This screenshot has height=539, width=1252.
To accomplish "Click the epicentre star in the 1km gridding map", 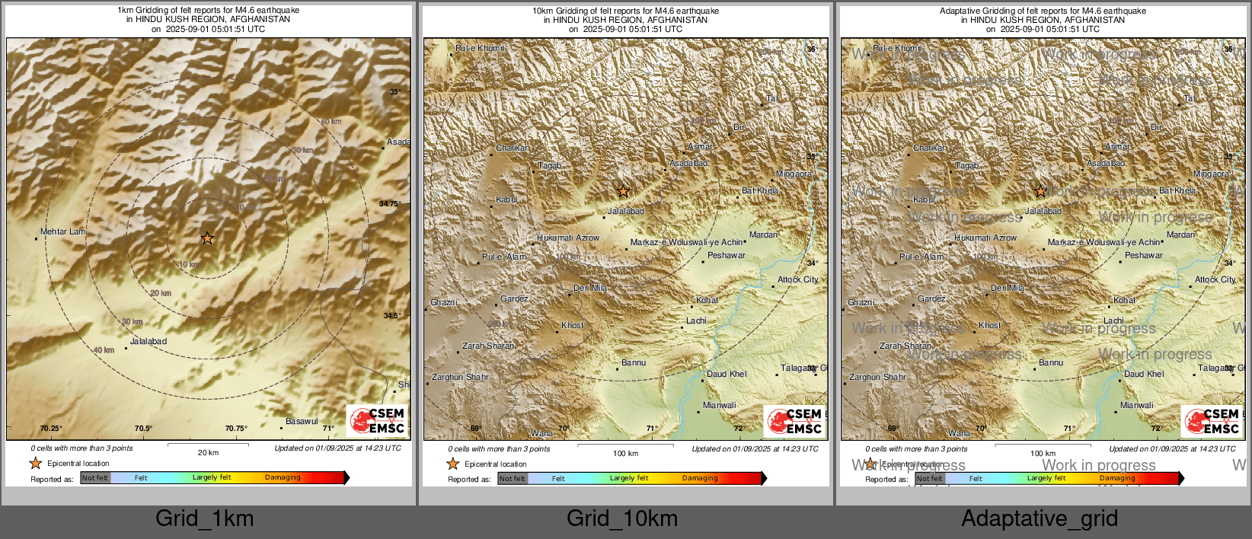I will [207, 238].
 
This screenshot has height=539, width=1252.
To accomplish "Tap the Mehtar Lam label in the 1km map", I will [63, 231].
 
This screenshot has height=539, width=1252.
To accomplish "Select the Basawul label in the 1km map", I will [302, 421].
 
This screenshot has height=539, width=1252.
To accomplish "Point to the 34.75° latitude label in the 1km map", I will [390, 204].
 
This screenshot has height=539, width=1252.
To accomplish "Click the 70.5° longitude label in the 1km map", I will [143, 429].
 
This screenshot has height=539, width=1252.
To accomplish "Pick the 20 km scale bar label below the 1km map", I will [208, 452].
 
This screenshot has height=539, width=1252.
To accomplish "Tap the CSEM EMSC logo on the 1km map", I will [377, 421].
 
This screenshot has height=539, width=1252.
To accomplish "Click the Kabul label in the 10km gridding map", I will [507, 199].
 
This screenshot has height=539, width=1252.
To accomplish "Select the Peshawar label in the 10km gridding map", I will [727, 255].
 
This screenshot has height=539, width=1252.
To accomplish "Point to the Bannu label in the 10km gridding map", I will [634, 362].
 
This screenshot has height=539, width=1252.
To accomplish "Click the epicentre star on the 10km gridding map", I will [624, 191].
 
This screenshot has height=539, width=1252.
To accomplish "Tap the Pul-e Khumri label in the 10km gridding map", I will [480, 48].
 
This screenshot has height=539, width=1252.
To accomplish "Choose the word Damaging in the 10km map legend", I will [700, 478].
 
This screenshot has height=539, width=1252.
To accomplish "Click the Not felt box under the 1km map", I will [95, 478].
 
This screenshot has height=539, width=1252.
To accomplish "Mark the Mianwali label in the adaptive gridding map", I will [1137, 405].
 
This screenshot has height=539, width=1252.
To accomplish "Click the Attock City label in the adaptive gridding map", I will [1215, 279].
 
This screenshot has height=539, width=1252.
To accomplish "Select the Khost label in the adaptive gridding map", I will [990, 325].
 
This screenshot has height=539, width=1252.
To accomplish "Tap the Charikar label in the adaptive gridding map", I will [930, 148].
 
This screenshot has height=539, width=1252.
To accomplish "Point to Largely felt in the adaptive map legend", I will [1046, 478].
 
